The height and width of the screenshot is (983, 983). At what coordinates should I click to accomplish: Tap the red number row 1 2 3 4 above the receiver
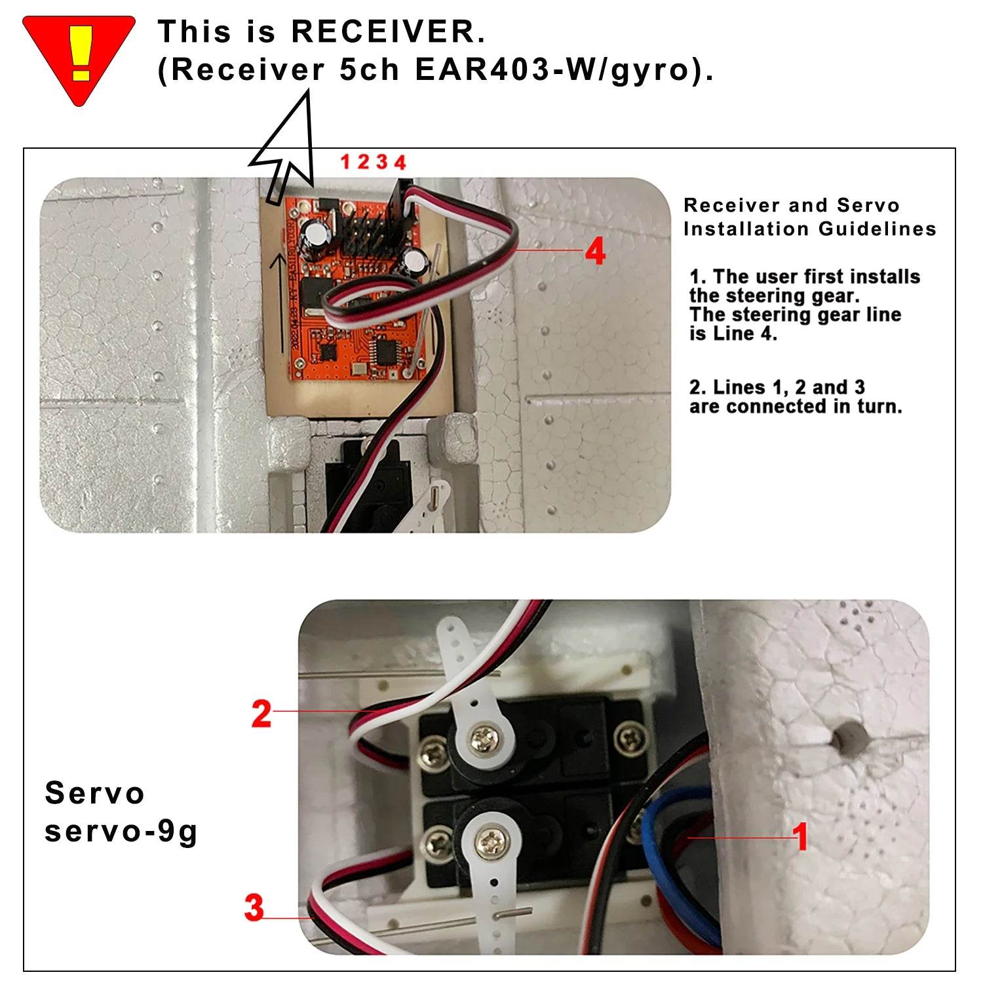374,162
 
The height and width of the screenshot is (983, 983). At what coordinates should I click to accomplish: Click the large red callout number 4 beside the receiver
595,251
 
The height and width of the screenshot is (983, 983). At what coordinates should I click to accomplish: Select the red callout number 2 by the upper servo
261,713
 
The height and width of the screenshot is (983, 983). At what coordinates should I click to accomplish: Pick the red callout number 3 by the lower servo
254,908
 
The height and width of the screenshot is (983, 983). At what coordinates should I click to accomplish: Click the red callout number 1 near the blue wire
800,836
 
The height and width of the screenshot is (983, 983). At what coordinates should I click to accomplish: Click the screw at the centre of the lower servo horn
491,843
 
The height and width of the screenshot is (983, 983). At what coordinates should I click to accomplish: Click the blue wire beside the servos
655,852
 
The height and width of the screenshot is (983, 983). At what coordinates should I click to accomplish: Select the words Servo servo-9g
121,812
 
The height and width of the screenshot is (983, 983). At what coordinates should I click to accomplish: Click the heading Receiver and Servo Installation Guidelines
810,217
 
